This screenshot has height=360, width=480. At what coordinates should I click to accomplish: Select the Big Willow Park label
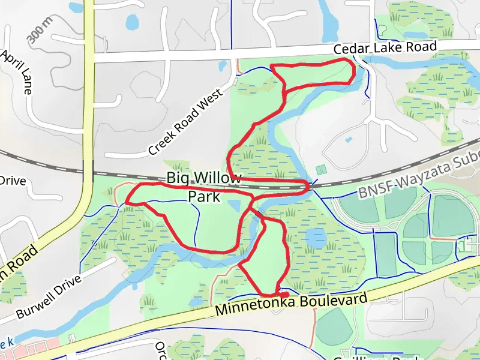(x=204, y=187)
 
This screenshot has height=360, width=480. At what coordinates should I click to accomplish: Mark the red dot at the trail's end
(x=284, y=293)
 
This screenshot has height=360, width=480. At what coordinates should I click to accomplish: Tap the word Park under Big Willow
(x=204, y=196)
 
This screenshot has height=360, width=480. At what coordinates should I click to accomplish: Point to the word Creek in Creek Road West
(x=161, y=138)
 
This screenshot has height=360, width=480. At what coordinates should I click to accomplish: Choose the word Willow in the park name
(x=220, y=178)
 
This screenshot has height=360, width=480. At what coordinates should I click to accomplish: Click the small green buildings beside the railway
(x=322, y=170)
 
